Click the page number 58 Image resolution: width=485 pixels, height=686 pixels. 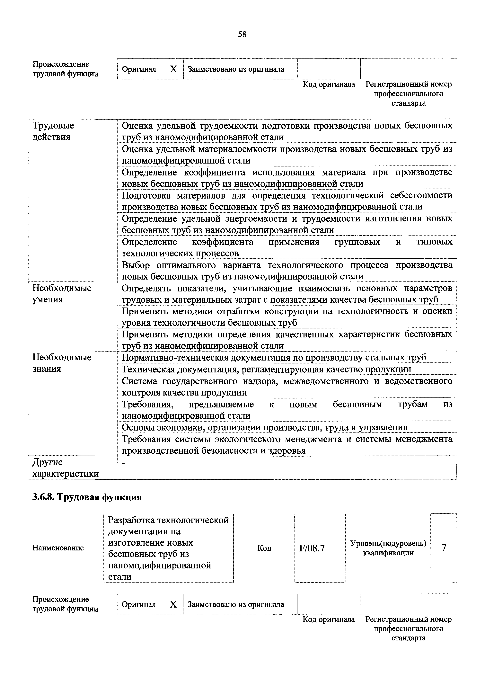coord(242,34)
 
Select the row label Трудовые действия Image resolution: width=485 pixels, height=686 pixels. coord(53,131)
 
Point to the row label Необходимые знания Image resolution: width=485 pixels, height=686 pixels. coord(62,363)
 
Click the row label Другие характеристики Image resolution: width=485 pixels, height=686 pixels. coord(65,468)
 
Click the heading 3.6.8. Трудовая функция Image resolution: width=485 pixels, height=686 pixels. coord(87,497)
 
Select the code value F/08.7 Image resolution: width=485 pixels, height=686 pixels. coord(312,548)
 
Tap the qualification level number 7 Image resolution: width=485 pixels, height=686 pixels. coord(444,548)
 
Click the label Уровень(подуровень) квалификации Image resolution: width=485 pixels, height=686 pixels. coord(388,548)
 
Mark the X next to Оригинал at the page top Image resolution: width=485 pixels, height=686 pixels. coord(173,69)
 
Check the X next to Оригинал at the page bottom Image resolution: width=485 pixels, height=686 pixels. coord(173,605)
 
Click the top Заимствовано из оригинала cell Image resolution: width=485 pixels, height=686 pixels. coord(236,69)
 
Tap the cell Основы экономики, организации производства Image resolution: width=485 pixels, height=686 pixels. coord(265,427)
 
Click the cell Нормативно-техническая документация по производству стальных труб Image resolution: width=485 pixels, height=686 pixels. coord(274,357)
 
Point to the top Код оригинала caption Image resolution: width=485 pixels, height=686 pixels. coord(329,84)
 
